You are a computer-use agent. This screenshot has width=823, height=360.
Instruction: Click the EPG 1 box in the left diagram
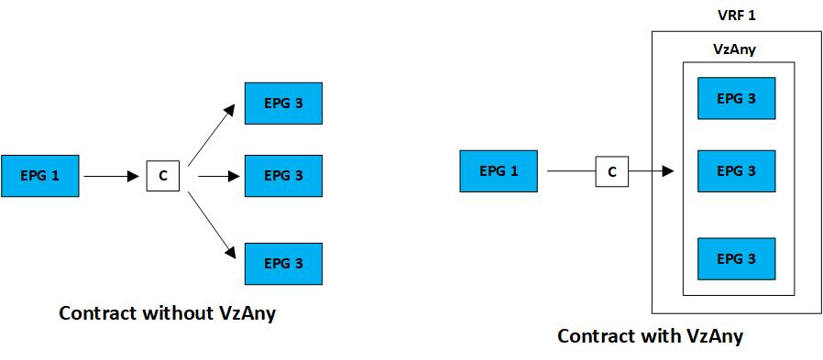point(40,175)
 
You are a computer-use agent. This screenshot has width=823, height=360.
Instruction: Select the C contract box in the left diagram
point(163,175)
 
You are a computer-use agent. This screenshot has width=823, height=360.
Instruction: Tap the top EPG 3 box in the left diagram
point(283,104)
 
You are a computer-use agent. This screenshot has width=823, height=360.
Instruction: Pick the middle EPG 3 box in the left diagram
point(283,175)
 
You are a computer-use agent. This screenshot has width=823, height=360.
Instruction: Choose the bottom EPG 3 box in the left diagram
point(283,263)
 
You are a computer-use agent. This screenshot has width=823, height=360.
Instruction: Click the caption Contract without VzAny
point(168,313)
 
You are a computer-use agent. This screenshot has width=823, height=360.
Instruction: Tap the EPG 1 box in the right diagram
point(499,171)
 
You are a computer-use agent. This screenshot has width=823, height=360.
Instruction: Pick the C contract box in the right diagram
point(611,171)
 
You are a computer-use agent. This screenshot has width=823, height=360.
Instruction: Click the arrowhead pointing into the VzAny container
point(669,171)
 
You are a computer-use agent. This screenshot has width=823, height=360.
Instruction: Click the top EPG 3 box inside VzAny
point(737,98)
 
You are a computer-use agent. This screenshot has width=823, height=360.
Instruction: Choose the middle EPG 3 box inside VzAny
point(737,171)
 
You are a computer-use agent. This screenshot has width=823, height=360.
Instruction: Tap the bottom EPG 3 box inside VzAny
point(737,258)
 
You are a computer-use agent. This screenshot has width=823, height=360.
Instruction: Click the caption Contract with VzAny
point(650,336)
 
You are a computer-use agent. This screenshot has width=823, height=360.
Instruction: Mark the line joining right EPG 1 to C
point(568,171)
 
